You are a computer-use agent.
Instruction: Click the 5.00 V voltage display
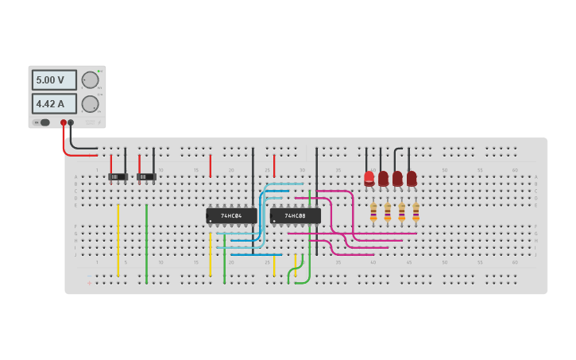click(x=54, y=80)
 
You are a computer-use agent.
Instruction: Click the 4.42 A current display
click(x=54, y=103)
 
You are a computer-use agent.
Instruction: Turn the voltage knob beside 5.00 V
click(x=91, y=80)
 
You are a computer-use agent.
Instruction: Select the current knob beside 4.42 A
click(x=91, y=103)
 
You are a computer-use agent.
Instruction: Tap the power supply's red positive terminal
click(x=64, y=122)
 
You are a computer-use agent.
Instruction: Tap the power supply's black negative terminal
click(x=72, y=122)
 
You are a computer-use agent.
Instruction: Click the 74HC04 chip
click(x=231, y=215)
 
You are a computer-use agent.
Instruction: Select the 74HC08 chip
click(x=295, y=215)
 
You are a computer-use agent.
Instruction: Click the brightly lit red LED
click(x=369, y=179)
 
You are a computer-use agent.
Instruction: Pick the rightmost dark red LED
click(x=412, y=179)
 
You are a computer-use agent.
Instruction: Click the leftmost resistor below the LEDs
click(x=373, y=212)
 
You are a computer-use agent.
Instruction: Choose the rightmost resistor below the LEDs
click(x=416, y=212)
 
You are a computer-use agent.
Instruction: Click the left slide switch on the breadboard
click(x=118, y=176)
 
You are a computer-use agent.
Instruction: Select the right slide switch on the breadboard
click(x=146, y=176)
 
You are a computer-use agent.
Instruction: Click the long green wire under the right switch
click(x=146, y=243)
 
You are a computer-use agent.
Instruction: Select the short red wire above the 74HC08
click(x=274, y=165)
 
